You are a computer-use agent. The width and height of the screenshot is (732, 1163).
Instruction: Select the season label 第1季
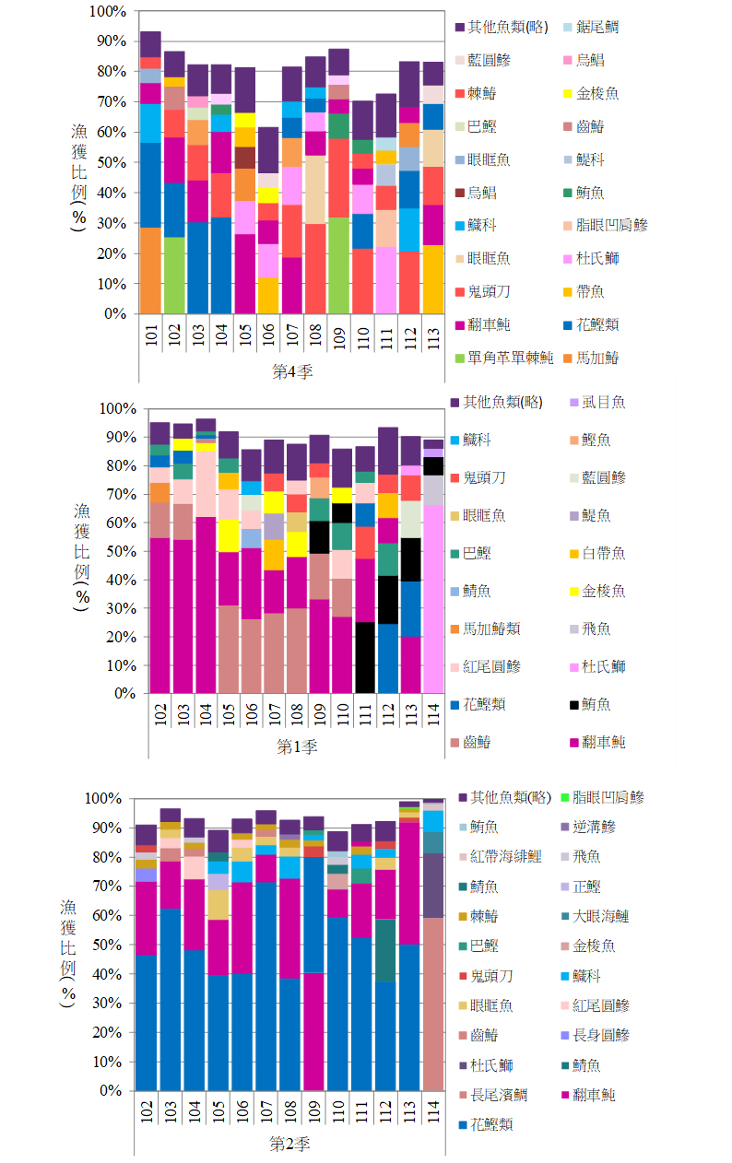(x=297, y=747)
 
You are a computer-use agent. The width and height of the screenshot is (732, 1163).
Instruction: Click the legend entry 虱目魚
(x=604, y=402)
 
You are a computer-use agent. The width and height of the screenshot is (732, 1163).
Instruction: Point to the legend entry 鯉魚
(x=597, y=440)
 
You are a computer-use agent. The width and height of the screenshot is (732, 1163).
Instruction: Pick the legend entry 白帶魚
(x=605, y=553)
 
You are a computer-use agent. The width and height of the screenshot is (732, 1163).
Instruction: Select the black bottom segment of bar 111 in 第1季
(x=365, y=658)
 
